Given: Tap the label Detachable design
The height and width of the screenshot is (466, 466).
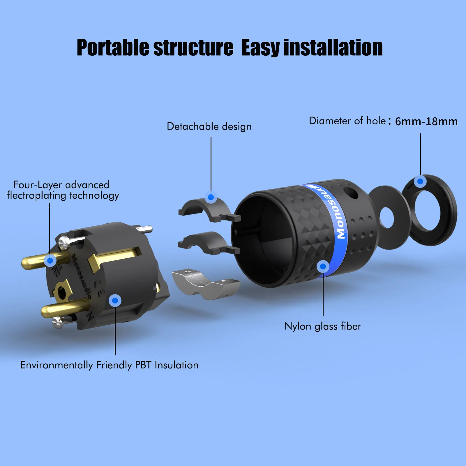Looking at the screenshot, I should (x=209, y=126).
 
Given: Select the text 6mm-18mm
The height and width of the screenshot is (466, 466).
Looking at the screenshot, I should (x=426, y=121).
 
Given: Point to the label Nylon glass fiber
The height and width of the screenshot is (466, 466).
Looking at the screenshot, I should (x=323, y=326).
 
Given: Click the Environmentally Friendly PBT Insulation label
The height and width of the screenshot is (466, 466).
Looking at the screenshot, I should (x=109, y=365).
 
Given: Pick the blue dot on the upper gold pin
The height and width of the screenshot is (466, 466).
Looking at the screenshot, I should (x=50, y=260).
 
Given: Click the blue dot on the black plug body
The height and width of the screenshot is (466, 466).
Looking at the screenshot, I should (x=115, y=300).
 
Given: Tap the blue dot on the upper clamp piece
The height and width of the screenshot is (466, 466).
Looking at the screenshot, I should (x=211, y=197).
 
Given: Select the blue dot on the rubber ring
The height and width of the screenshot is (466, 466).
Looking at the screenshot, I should (x=420, y=181).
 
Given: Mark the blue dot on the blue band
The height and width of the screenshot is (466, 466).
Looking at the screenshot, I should (x=323, y=266).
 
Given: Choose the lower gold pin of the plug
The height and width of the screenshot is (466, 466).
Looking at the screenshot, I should (x=64, y=308).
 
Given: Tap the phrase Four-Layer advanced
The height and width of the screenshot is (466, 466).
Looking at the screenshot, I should (x=61, y=185).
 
